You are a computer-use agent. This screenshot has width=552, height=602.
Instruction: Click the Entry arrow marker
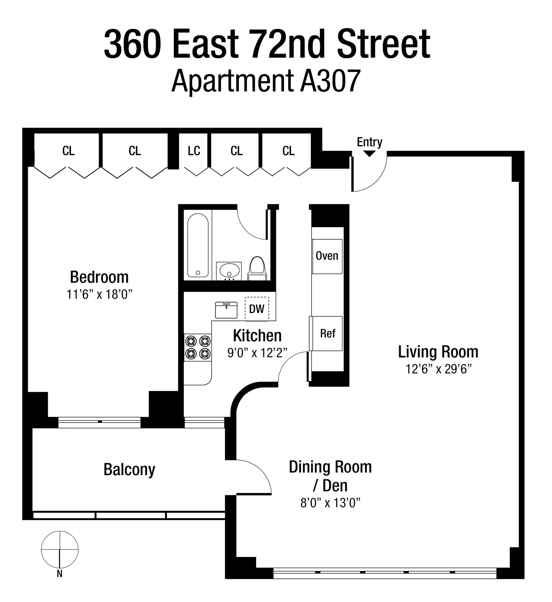(369, 154)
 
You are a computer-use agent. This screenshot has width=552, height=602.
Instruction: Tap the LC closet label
(194, 151)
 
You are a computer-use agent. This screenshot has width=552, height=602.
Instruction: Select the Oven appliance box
(327, 256)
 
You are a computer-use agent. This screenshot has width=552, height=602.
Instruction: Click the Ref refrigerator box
(327, 333)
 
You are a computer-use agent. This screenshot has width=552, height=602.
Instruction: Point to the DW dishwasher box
(257, 309)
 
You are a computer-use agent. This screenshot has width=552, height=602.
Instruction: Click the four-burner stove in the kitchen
(197, 347)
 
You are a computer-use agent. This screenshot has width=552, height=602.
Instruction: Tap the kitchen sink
(226, 310)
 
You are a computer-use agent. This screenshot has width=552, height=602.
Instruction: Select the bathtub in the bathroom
(198, 245)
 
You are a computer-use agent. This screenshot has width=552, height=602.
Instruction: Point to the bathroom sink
(229, 271)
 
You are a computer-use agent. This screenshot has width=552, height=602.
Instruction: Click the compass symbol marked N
(60, 550)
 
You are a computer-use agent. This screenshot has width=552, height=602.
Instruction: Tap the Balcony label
(129, 469)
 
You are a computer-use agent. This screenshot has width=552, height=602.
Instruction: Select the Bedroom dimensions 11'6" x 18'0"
(99, 295)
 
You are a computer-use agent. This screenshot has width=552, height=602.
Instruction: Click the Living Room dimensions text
(438, 369)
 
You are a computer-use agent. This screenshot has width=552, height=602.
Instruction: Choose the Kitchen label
(257, 336)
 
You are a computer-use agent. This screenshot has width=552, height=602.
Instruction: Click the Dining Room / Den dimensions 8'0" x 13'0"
(330, 503)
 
